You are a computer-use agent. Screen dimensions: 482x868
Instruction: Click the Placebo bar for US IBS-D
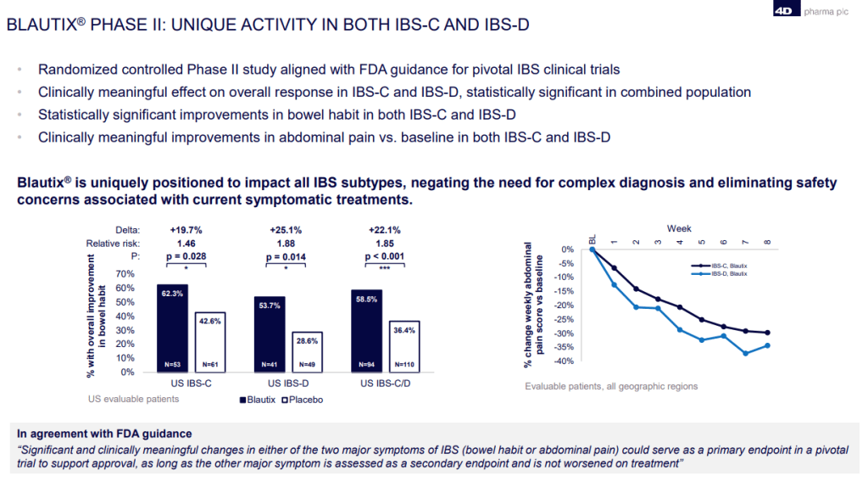coord(308,352)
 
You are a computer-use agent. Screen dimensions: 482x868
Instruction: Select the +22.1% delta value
coord(383,230)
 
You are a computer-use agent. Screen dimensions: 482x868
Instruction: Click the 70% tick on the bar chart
coord(125,275)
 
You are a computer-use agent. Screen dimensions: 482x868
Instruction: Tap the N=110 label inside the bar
coord(403,366)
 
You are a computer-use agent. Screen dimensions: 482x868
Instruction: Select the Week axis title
coord(679,229)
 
